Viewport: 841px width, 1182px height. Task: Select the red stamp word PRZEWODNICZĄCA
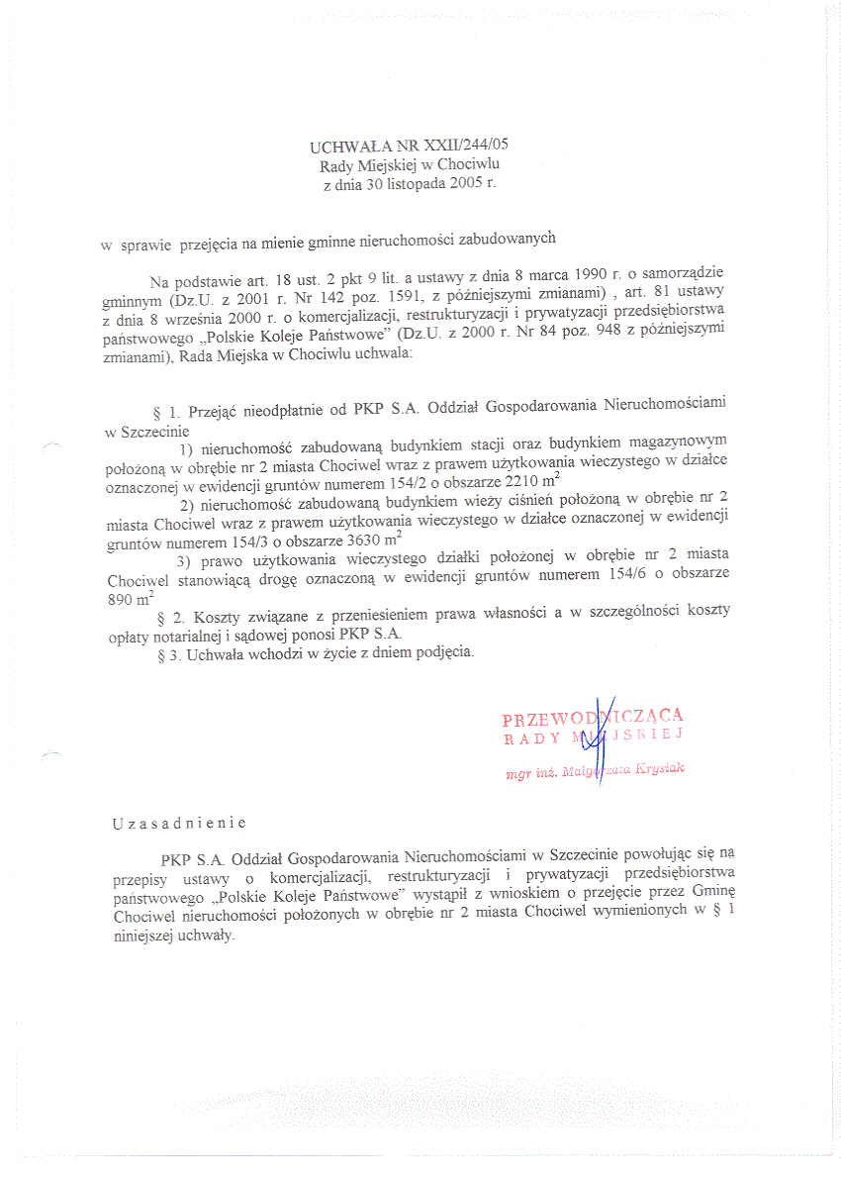pyautogui.click(x=592, y=718)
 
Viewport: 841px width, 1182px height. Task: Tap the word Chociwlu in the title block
pyautogui.click(x=478, y=165)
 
